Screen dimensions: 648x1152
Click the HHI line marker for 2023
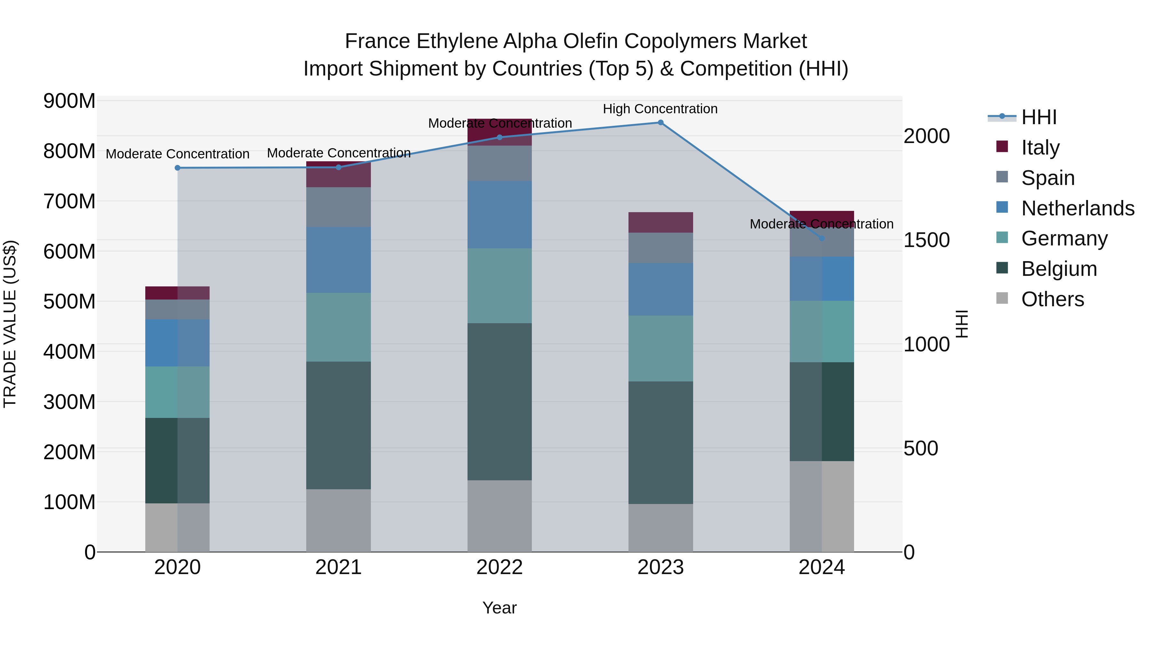coord(660,123)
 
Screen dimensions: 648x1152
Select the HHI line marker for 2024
coord(821,238)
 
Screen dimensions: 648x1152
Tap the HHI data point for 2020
coord(178,168)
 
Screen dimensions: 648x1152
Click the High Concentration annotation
coord(660,109)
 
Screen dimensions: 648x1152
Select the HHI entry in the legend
coord(1039,117)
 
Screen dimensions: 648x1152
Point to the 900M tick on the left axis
coord(69,101)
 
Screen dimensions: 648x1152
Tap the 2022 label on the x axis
coord(500,567)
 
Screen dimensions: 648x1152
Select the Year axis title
coord(500,608)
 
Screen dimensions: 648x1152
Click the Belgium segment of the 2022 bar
coord(500,402)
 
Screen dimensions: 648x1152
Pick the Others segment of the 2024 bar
coord(821,506)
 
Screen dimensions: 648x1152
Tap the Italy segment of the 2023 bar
coord(660,222)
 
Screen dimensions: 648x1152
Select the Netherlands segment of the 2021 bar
coord(339,260)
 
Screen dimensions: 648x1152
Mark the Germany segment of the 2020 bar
coord(178,392)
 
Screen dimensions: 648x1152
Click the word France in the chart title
coord(378,41)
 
